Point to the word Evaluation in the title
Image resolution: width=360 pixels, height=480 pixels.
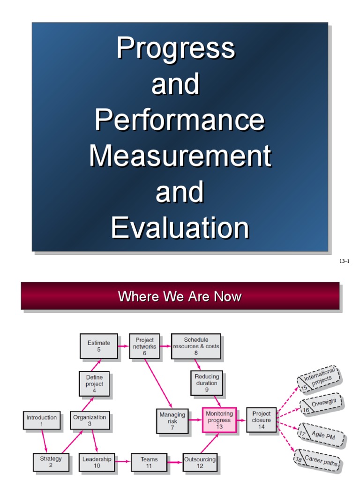pyautogui.click(x=180, y=228)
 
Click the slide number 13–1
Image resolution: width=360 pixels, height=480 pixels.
pyautogui.click(x=345, y=262)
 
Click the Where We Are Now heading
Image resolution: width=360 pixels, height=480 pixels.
pyautogui.click(x=180, y=296)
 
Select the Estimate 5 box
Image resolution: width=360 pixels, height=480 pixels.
pyautogui.click(x=98, y=346)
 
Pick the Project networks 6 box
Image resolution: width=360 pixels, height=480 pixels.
pyautogui.click(x=144, y=346)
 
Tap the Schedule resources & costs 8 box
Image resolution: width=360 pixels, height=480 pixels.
pyautogui.click(x=196, y=346)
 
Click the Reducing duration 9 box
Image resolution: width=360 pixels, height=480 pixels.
pyautogui.click(x=207, y=383)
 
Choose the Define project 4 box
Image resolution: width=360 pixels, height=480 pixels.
pyautogui.click(x=94, y=383)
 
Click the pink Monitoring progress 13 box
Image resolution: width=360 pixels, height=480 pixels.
pyautogui.click(x=219, y=420)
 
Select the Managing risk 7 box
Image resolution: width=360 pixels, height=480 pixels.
pyautogui.click(x=172, y=420)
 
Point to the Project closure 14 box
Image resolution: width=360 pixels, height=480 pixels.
pyautogui.click(x=262, y=420)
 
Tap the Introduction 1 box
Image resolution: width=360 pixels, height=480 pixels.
pyautogui.click(x=42, y=420)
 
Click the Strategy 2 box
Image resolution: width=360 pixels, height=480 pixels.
pyautogui.click(x=51, y=462)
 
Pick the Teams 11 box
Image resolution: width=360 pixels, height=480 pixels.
pyautogui.click(x=149, y=462)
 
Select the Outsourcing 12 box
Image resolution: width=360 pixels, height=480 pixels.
pyautogui.click(x=200, y=462)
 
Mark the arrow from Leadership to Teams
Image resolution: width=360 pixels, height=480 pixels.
pyautogui.click(x=123, y=462)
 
